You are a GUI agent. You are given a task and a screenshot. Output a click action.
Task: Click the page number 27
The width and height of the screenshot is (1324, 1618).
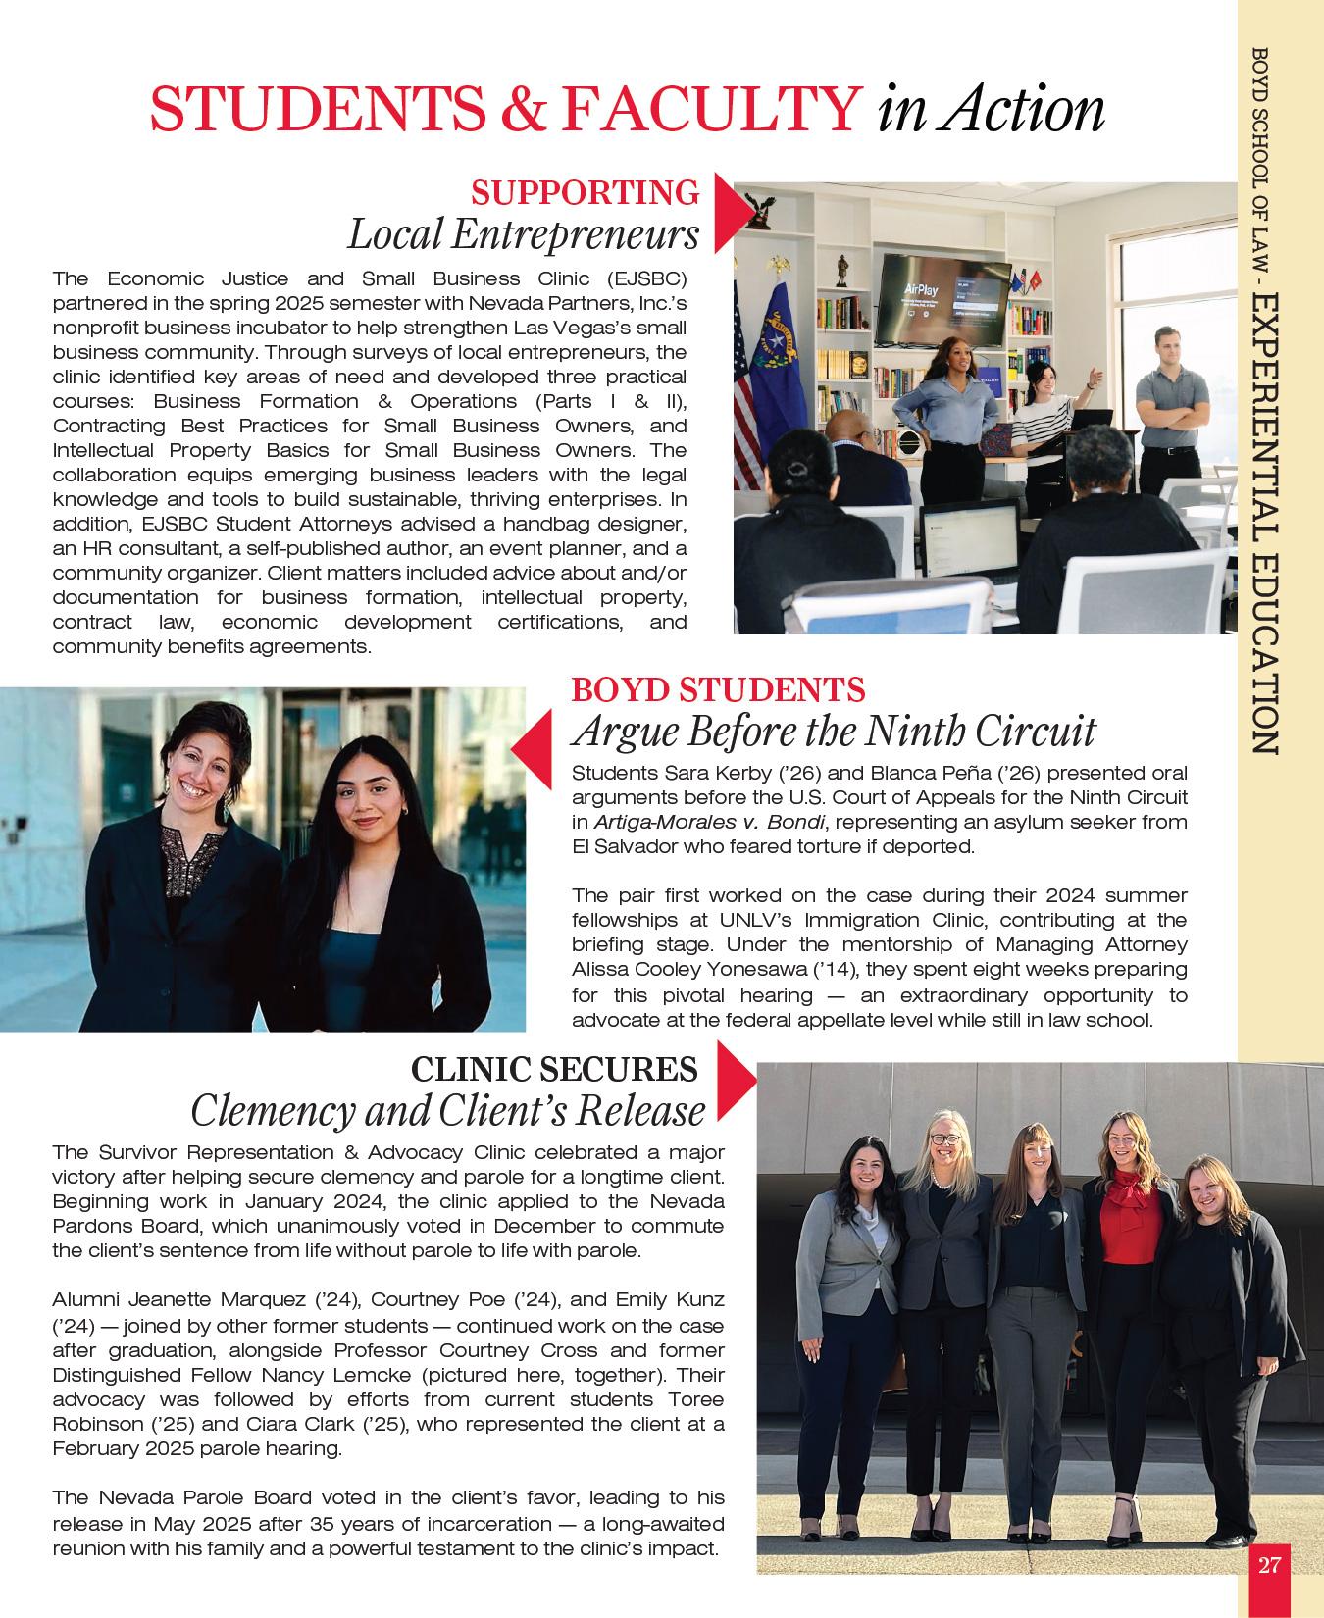[1269, 1564]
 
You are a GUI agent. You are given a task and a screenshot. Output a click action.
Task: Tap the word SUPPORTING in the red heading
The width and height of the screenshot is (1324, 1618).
[586, 193]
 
